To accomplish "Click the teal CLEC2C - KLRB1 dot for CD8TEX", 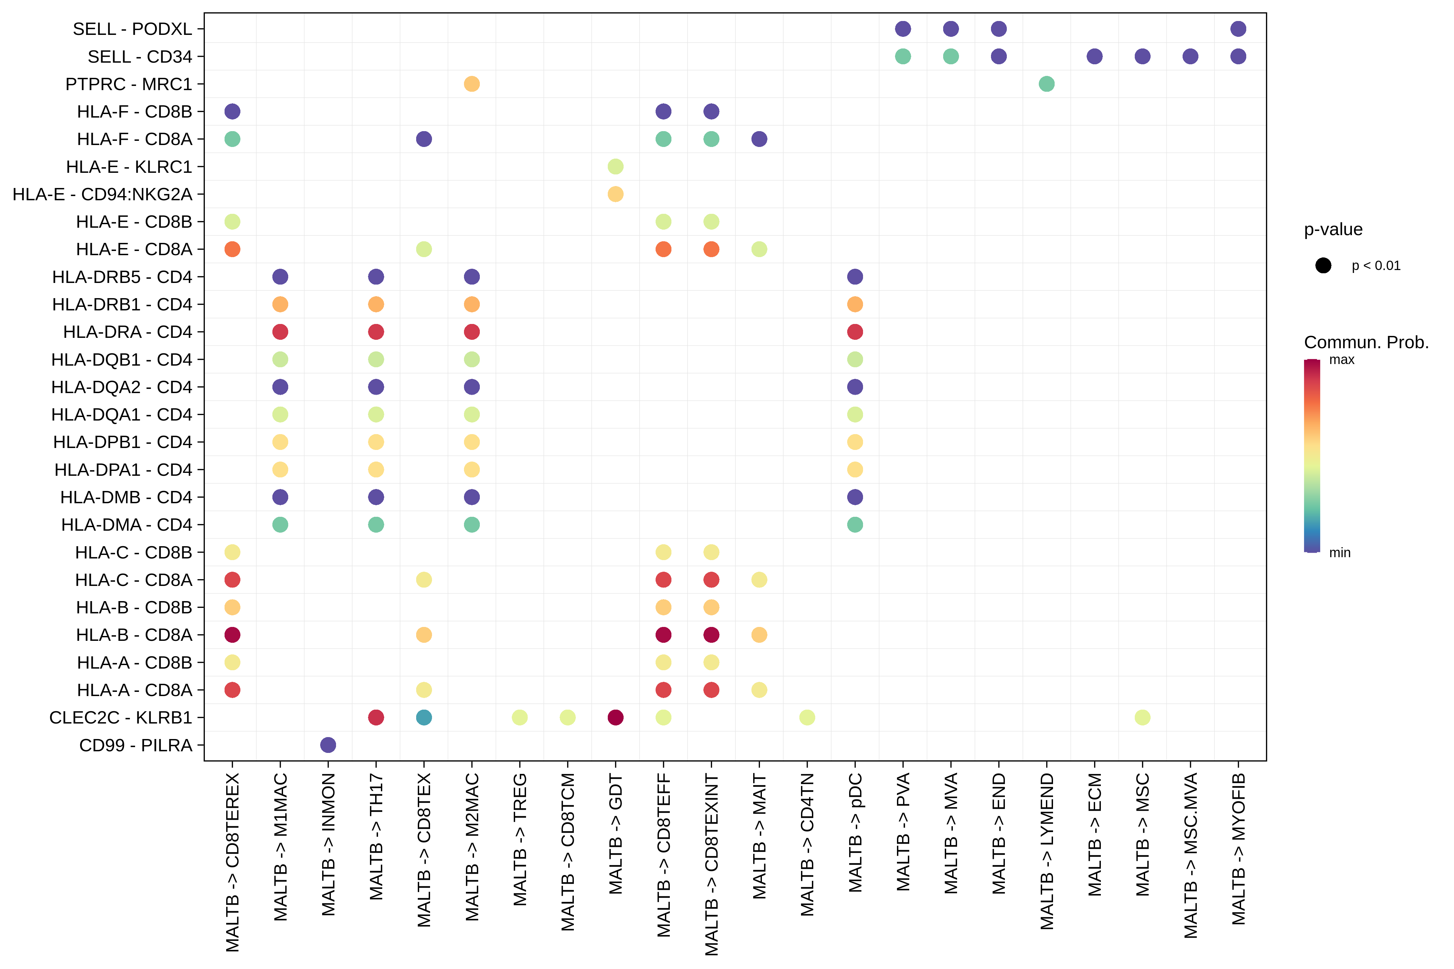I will point(424,717).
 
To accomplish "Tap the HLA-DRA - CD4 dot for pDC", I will point(855,332).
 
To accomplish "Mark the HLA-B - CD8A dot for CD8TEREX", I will point(232,635).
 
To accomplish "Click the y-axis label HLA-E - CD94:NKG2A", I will point(102,194).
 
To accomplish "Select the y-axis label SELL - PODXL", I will point(132,29).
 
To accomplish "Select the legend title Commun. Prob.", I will point(1366,342).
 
